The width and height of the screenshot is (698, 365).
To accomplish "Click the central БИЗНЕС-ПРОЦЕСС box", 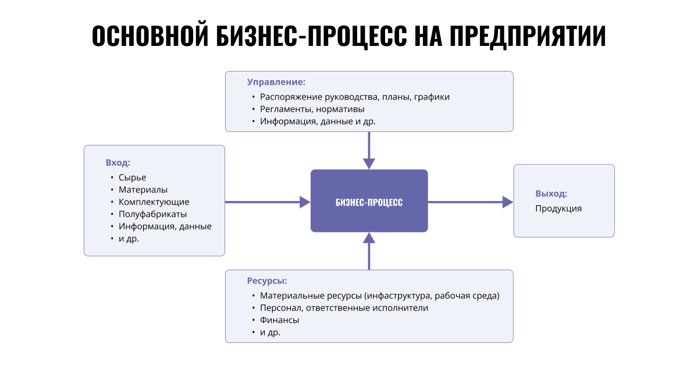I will [369, 202].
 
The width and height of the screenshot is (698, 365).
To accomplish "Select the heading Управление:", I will [276, 82].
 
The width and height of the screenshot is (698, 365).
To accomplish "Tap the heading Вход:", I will [117, 162].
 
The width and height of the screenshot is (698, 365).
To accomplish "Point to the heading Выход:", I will [551, 194].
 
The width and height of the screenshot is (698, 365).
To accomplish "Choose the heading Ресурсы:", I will [266, 281].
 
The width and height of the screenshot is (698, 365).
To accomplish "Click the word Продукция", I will [558, 208].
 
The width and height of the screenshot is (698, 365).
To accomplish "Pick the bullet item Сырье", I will [132, 177].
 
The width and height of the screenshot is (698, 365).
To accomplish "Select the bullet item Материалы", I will [143, 189].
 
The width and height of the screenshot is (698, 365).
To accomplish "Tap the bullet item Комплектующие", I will [154, 202].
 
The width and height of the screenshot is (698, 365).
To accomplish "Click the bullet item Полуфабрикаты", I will [152, 214].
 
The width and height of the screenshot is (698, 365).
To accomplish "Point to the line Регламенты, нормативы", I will [312, 109].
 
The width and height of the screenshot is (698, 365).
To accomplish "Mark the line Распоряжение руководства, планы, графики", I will [355, 96].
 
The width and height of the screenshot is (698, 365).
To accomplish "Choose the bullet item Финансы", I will [279, 320].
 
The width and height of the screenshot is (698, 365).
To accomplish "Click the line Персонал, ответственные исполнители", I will [344, 307].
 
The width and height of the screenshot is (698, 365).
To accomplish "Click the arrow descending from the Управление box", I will [369, 149].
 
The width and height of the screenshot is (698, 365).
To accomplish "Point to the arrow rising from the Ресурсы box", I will [369, 251].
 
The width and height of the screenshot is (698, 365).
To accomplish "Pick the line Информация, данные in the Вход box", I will [165, 226].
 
